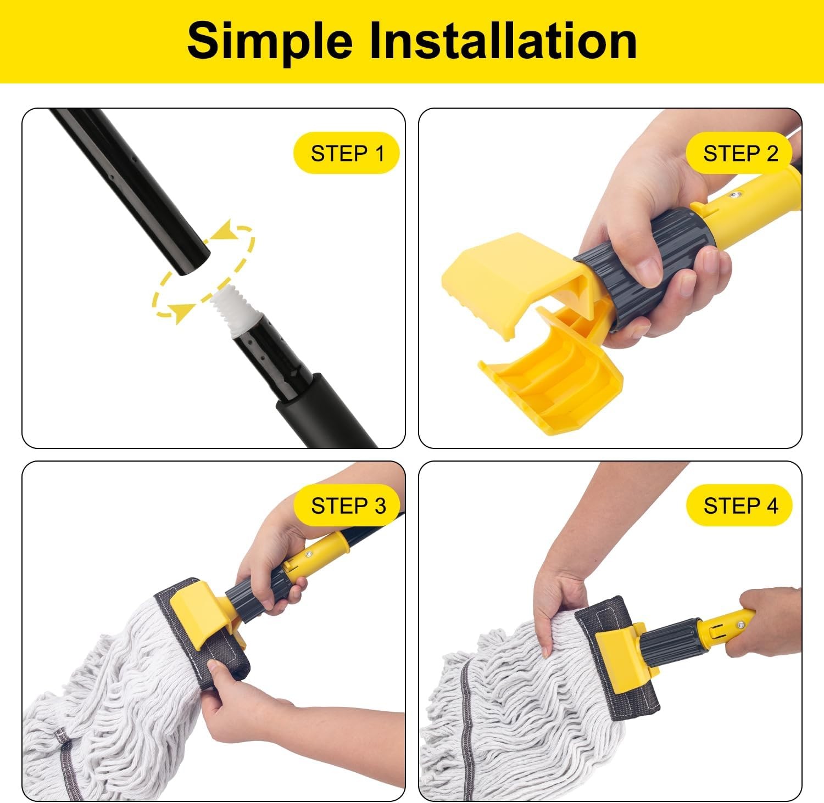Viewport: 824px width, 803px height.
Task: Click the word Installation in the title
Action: point(503,41)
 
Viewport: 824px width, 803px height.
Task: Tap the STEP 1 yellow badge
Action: point(347,153)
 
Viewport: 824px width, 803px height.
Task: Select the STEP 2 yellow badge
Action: point(740,153)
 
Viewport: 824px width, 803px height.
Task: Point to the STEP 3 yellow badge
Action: point(348,506)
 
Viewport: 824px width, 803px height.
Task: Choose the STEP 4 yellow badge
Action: point(740,506)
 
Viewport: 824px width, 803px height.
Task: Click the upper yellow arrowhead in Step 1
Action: point(223,231)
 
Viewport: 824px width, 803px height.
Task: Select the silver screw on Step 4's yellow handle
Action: point(741,624)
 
